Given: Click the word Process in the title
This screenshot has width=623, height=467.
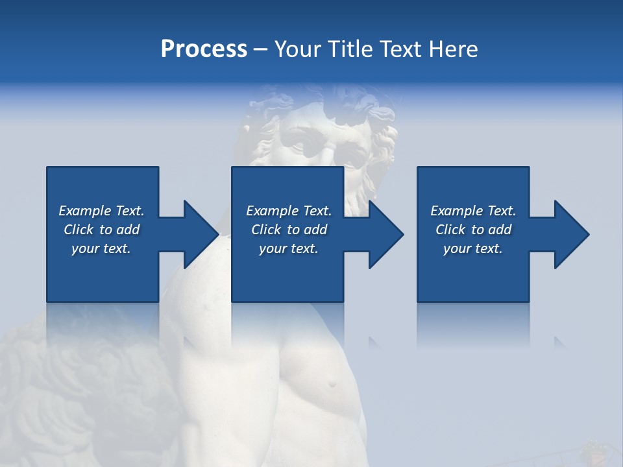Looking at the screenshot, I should (x=204, y=49).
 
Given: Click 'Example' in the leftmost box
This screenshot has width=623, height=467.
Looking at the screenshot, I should (x=85, y=211).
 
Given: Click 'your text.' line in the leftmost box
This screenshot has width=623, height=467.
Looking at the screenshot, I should (x=101, y=248).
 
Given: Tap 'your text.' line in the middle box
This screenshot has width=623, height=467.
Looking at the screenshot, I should (x=288, y=248).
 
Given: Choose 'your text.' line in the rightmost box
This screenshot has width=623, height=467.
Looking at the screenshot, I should (x=473, y=248).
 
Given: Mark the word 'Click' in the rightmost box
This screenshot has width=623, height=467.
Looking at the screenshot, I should (x=450, y=230).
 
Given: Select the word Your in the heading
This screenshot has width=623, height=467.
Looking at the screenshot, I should (x=296, y=49).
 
